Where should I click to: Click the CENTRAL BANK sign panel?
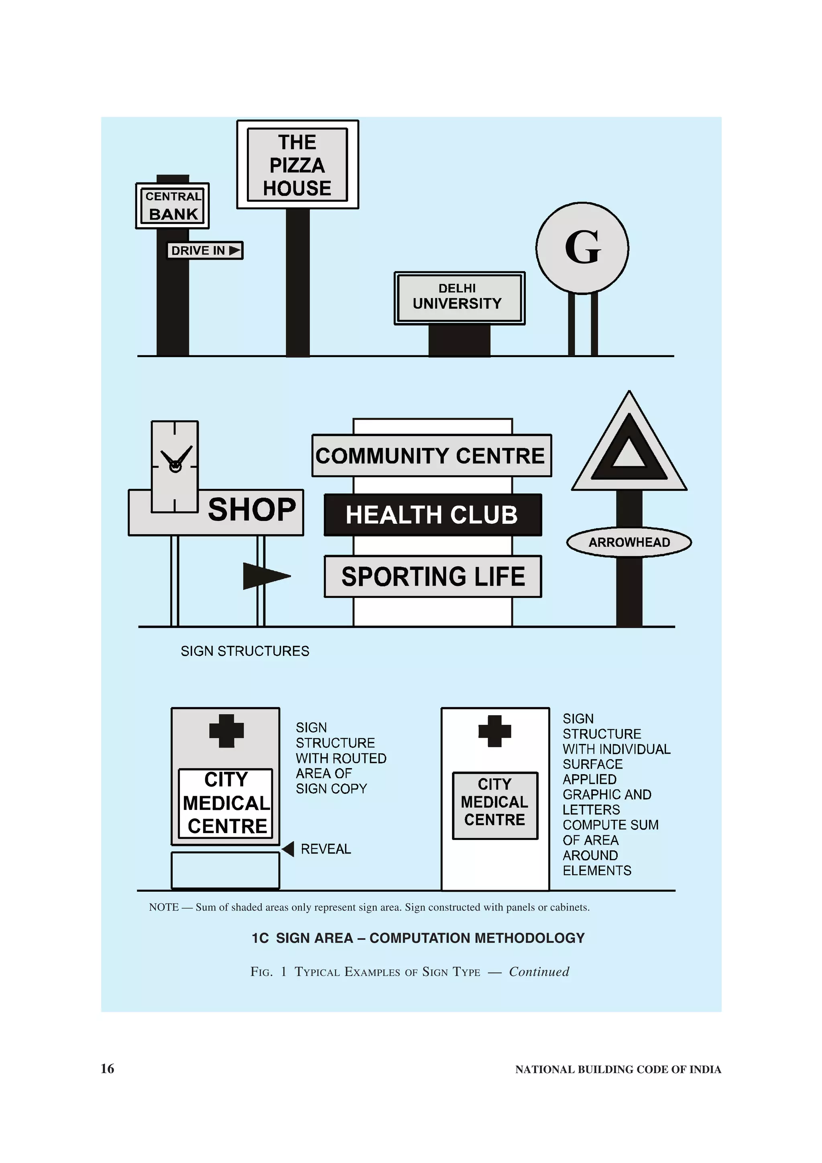[x=172, y=205]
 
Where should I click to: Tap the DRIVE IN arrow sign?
[x=205, y=250]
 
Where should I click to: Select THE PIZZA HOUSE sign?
[x=297, y=165]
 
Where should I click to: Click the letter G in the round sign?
[x=582, y=248]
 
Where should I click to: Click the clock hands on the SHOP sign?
[x=175, y=460]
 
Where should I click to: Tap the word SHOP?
[x=252, y=510]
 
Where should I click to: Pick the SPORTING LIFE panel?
[x=433, y=576]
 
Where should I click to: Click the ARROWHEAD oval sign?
[x=629, y=542]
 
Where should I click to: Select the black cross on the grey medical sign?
[x=226, y=730]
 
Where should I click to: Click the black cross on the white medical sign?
[x=494, y=731]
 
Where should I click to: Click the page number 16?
[x=108, y=1068]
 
